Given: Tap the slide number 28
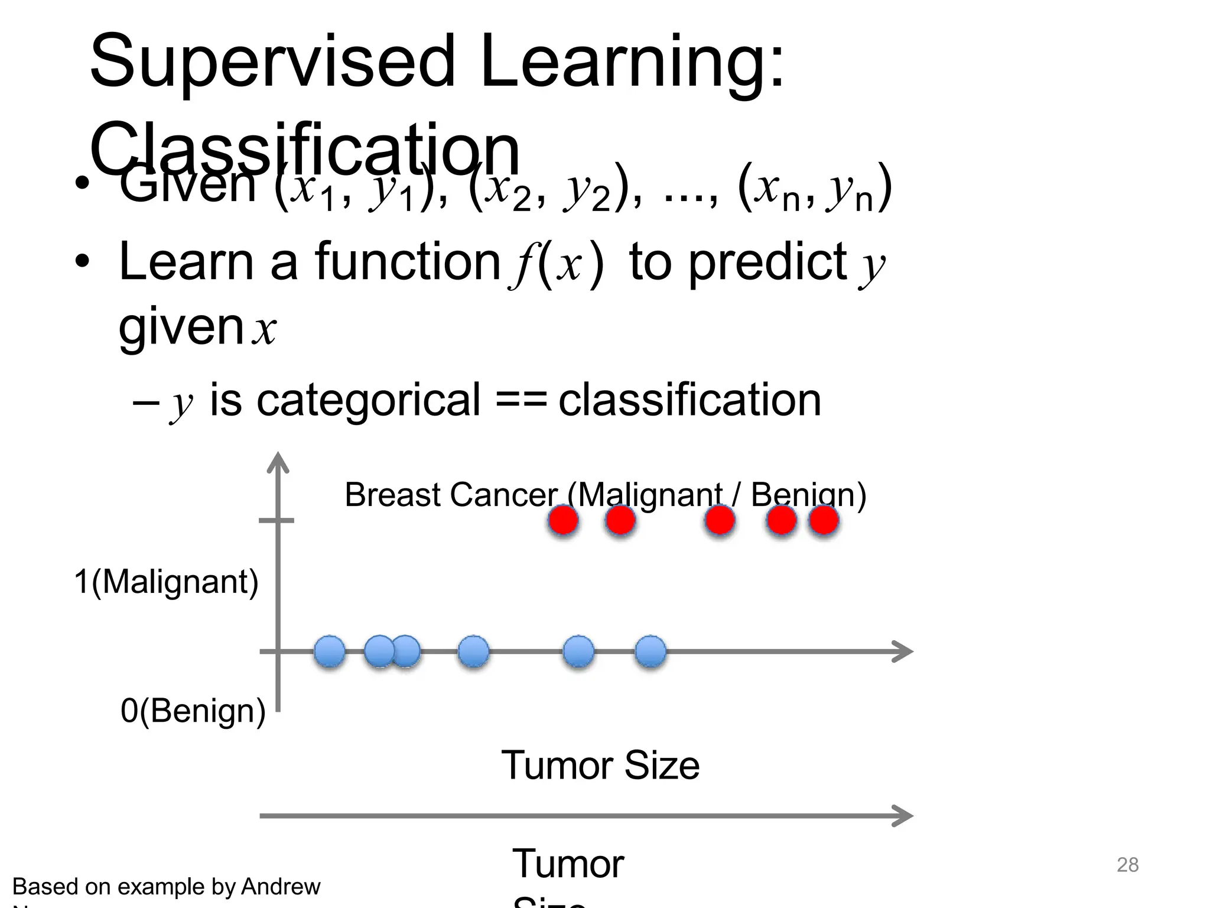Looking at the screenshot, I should point(1127,865).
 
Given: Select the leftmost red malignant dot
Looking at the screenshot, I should point(563,521).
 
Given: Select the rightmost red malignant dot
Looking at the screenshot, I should point(824,521).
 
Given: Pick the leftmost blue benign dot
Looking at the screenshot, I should point(329,651).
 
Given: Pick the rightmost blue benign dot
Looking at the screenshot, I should point(650,651).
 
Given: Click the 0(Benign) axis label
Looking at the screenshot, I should point(193,711).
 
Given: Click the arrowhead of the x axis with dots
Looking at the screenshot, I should point(904,651).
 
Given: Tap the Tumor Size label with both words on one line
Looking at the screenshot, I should point(600,766).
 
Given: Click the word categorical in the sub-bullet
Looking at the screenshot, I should point(368,400).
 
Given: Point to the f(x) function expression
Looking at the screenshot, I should point(556,264).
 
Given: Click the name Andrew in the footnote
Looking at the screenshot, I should point(281,887).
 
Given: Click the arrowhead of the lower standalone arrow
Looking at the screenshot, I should point(904,816).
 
